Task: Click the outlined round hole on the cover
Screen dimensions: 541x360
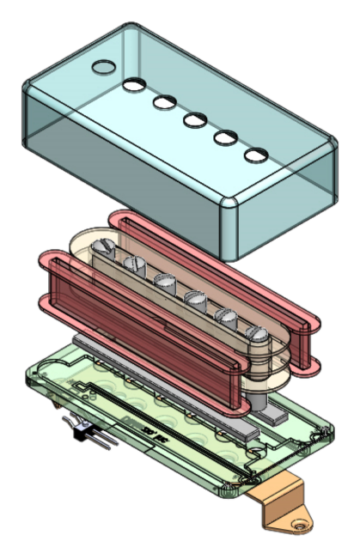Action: [x=102, y=66]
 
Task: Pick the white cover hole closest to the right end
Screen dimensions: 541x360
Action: [x=256, y=155]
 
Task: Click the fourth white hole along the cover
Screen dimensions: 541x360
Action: [x=224, y=137]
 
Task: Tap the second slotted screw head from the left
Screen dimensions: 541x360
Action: [x=133, y=263]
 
